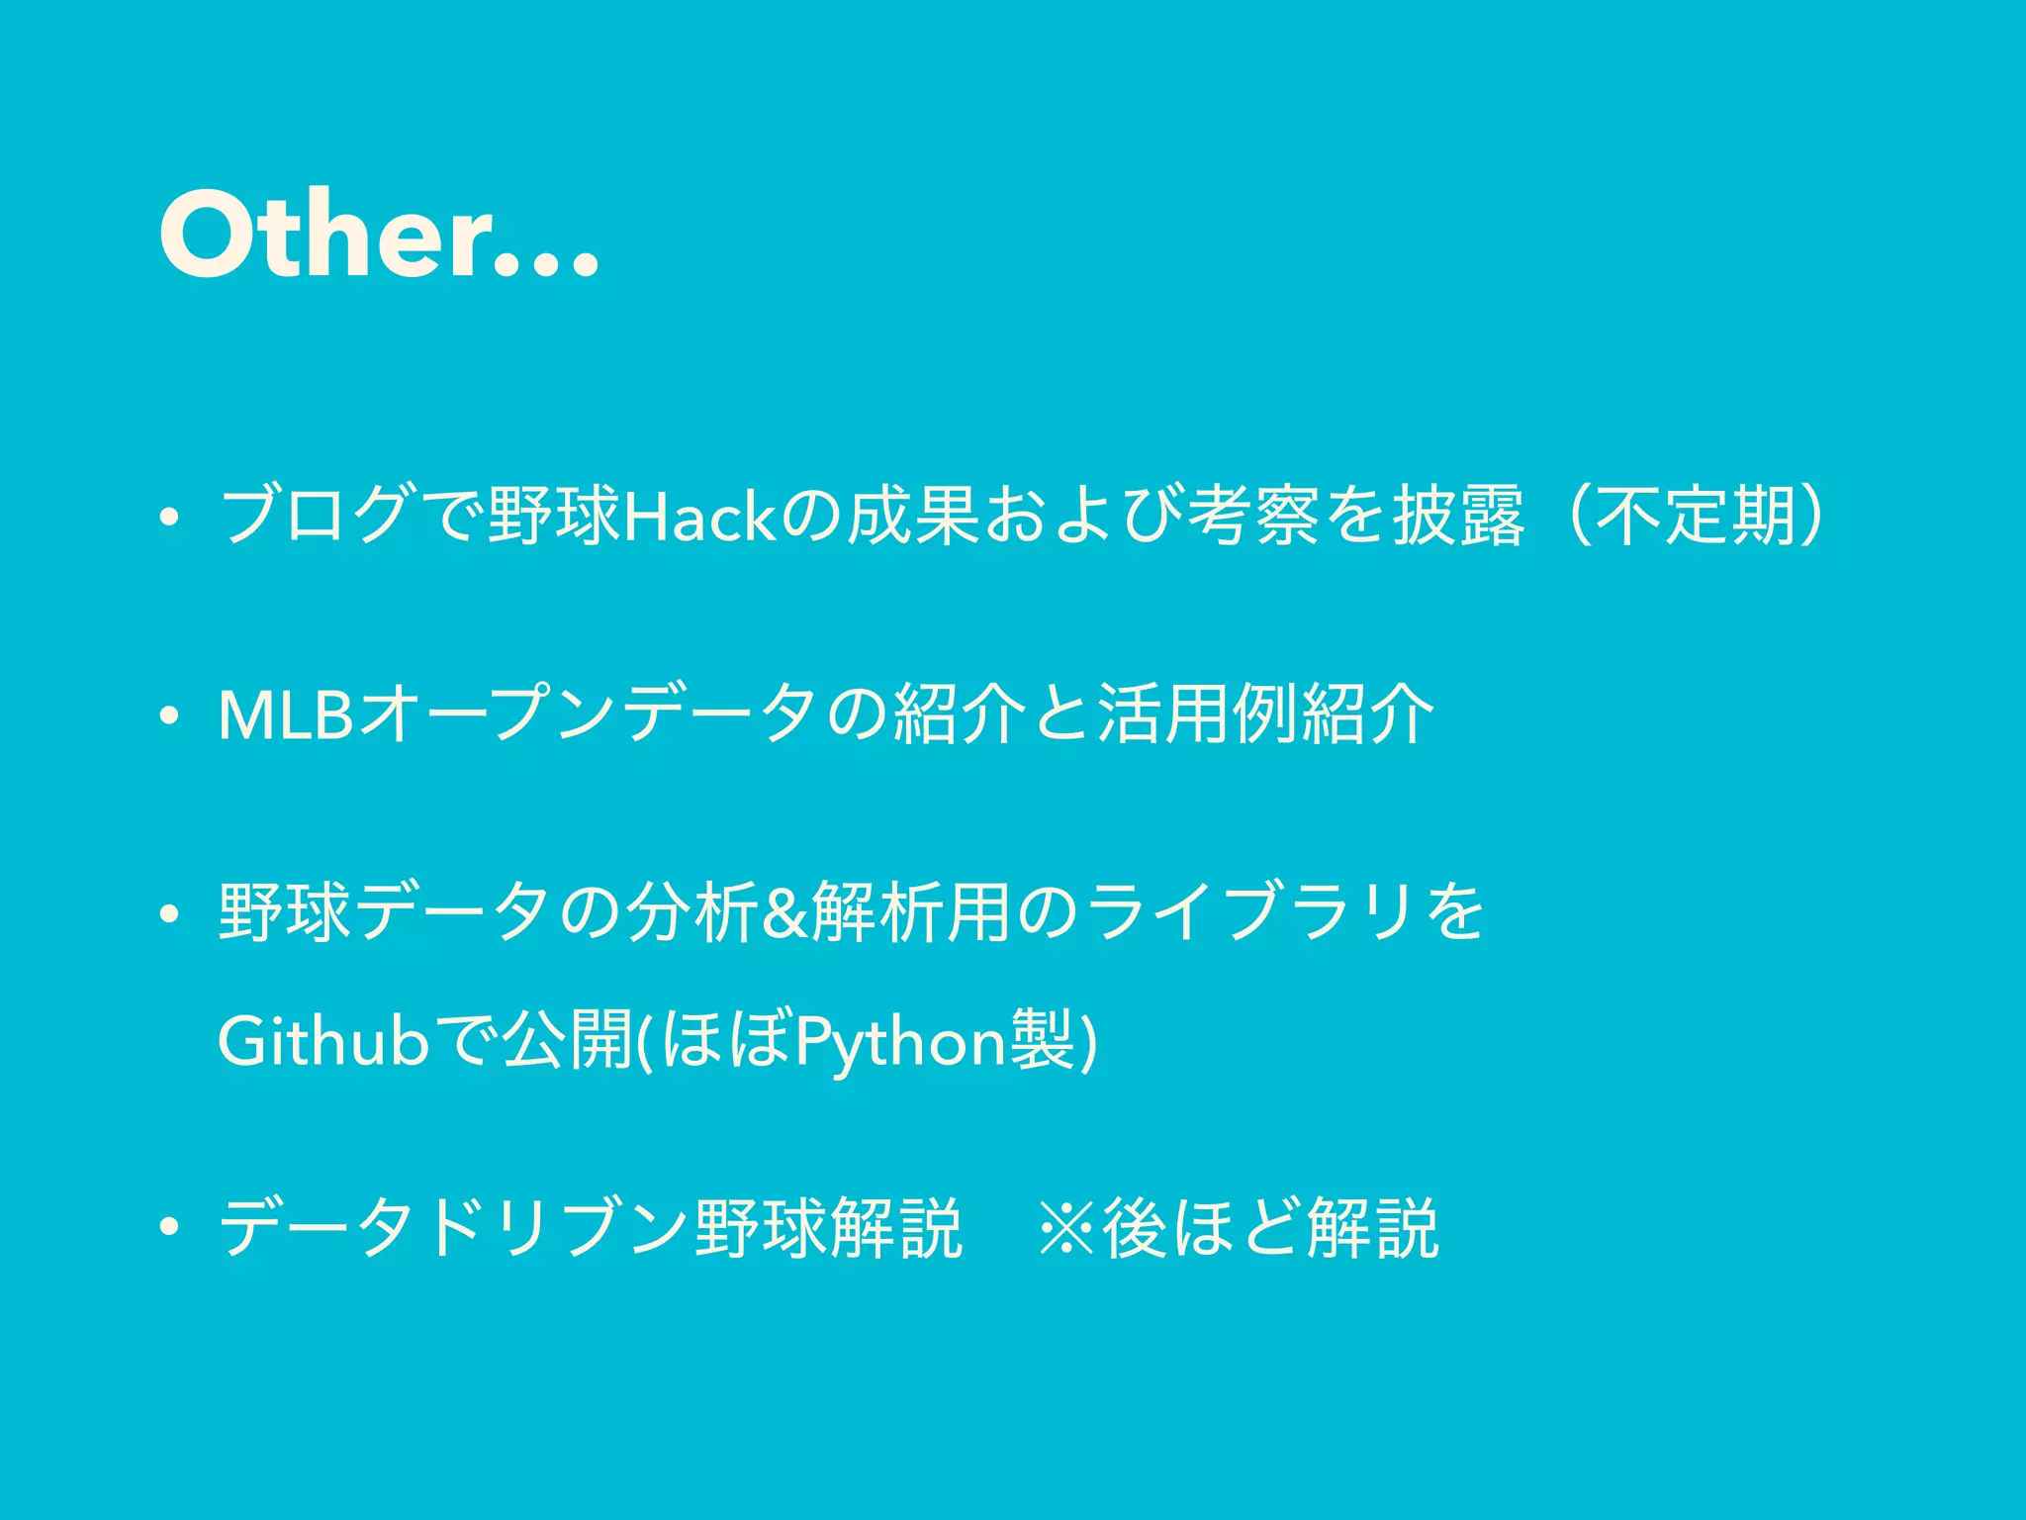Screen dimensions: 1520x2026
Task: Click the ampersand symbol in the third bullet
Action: [x=785, y=912]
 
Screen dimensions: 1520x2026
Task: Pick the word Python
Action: [x=901, y=1041]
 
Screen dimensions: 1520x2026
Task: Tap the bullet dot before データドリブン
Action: [x=170, y=1232]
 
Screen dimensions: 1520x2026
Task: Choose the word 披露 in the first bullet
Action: [x=1458, y=517]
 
